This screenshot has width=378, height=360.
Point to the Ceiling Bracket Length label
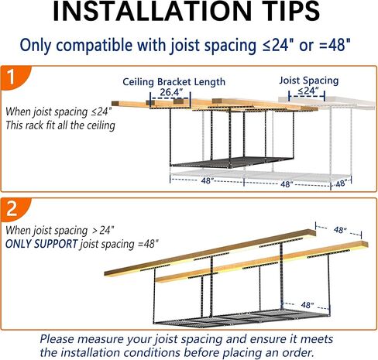click(174, 81)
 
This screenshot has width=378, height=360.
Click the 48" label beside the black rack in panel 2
click(308, 283)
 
